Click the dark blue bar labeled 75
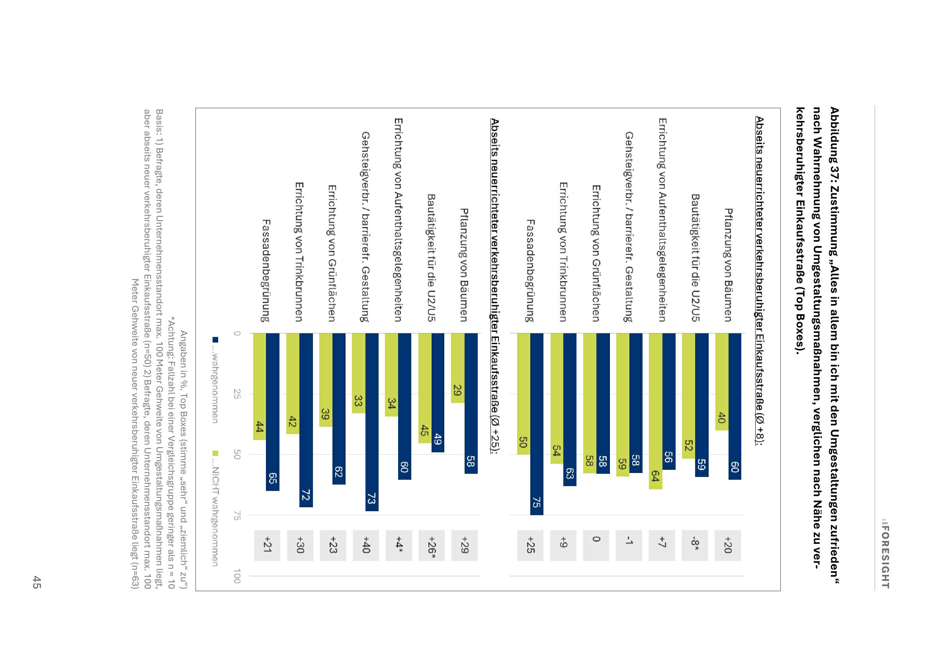(x=536, y=424)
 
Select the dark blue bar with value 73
(x=372, y=422)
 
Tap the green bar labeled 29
(x=458, y=368)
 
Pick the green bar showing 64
(x=656, y=411)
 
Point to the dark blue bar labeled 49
(x=438, y=392)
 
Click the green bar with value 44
(x=260, y=386)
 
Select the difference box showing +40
(x=366, y=545)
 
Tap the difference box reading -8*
(x=694, y=545)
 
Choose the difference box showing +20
(x=728, y=545)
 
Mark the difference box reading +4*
(x=399, y=545)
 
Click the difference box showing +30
(x=300, y=545)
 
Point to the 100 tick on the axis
(x=237, y=576)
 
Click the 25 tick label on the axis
(x=237, y=394)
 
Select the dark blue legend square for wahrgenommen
(x=215, y=339)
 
